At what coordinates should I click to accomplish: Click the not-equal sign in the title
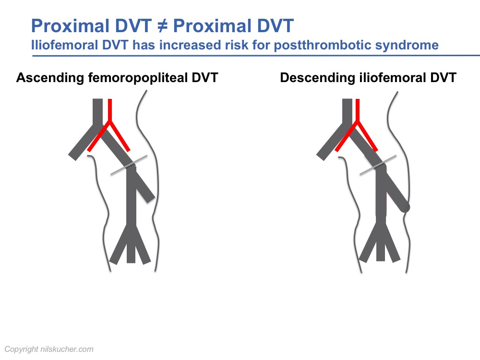coord(162,26)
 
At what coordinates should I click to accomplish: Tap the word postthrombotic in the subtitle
coord(323,45)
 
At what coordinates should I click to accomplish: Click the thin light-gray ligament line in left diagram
coord(129,165)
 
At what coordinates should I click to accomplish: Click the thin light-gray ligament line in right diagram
coord(378,165)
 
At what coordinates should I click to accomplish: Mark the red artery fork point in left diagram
coord(109,121)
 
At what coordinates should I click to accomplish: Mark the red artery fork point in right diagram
coord(357,121)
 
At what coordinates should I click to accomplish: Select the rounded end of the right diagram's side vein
coord(406,207)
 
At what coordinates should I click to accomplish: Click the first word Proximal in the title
coord(70,26)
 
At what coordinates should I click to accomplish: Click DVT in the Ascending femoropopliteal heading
coord(205,78)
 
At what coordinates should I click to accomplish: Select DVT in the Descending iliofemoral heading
coord(443,78)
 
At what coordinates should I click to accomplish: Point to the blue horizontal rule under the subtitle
coord(256,56)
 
